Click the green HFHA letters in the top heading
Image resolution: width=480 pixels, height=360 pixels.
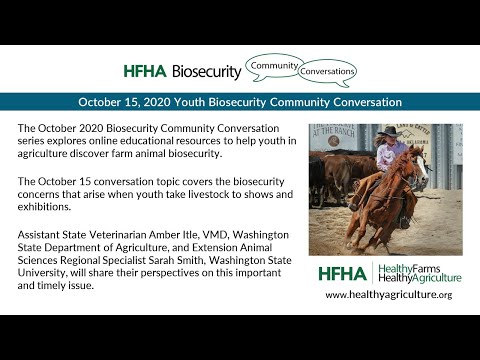point(144,71)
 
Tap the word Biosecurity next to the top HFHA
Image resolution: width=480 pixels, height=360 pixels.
point(206,71)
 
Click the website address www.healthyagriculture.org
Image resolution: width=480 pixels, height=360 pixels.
point(388,295)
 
